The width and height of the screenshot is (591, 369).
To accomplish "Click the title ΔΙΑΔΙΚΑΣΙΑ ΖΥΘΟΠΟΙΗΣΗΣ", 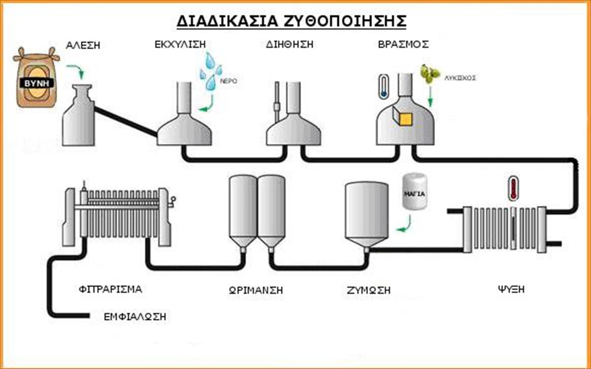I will coord(292,22).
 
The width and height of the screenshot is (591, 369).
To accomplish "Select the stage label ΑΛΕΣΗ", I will coord(83,46).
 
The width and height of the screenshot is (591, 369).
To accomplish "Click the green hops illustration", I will coord(430,74).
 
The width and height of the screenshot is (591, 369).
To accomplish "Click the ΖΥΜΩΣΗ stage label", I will coord(368,291).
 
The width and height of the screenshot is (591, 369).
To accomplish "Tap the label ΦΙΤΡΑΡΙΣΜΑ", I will coord(110,289).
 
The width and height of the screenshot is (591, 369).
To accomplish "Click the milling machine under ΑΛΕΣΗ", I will coord(78,118).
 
